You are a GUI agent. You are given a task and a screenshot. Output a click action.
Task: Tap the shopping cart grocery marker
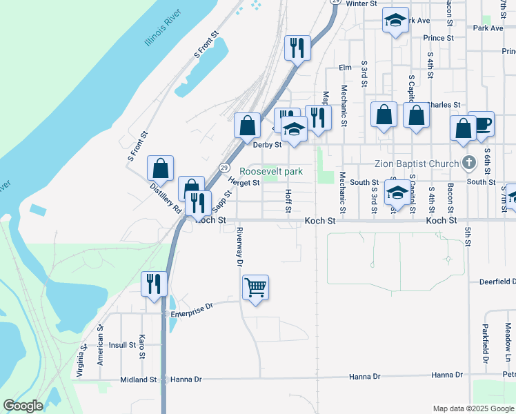pyautogui.click(x=256, y=287)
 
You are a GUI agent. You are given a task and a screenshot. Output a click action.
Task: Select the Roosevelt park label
pyautogui.click(x=271, y=171)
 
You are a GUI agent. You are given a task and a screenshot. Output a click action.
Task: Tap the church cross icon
pyautogui.click(x=469, y=164)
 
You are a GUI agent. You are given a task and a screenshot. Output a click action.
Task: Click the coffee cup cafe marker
pyautogui.click(x=481, y=124)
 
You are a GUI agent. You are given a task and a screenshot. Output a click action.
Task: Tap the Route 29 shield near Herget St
pyautogui.click(x=224, y=168)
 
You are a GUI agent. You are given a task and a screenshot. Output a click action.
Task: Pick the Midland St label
pyautogui.click(x=139, y=380)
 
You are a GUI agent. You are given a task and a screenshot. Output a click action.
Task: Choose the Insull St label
pyautogui.click(x=123, y=345)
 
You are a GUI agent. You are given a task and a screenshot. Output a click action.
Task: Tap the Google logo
pyautogui.click(x=23, y=406)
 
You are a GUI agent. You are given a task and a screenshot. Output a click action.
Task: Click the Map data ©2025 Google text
pyautogui.click(x=473, y=408)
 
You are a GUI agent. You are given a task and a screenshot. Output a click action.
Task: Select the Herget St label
pyautogui.click(x=244, y=183)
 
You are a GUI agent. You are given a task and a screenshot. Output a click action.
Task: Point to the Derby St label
pyautogui.click(x=267, y=145)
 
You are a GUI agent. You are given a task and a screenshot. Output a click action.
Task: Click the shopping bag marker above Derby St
pyautogui.click(x=247, y=126)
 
